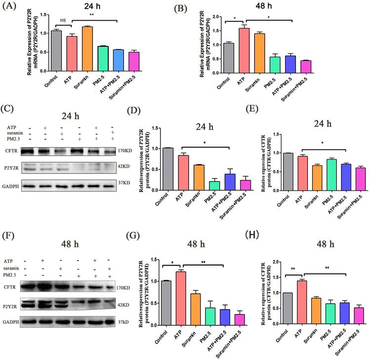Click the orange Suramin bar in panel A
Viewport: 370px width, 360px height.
click(87, 49)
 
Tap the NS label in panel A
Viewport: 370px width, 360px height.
click(63, 21)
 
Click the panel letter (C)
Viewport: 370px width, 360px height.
click(7, 109)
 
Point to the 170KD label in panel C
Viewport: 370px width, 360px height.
click(125, 151)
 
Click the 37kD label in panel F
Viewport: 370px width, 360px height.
click(123, 322)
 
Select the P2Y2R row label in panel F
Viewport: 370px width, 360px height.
click(10, 307)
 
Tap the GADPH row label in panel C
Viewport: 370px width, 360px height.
click(10, 186)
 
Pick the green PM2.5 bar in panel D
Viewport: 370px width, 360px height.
click(214, 185)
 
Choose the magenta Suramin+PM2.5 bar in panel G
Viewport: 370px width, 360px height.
click(240, 319)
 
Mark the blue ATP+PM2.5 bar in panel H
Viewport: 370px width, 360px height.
click(344, 313)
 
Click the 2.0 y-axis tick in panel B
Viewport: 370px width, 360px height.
click(215, 16)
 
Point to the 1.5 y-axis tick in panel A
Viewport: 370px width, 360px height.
click(43, 15)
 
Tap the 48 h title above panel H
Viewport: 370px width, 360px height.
click(325, 244)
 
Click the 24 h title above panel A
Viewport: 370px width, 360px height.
click(92, 6)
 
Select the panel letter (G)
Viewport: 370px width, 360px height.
click(133, 236)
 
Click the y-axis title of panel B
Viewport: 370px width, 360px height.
click(205, 44)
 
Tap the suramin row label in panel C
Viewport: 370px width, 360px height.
click(15, 133)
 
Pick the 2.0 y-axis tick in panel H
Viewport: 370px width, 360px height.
click(275, 262)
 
